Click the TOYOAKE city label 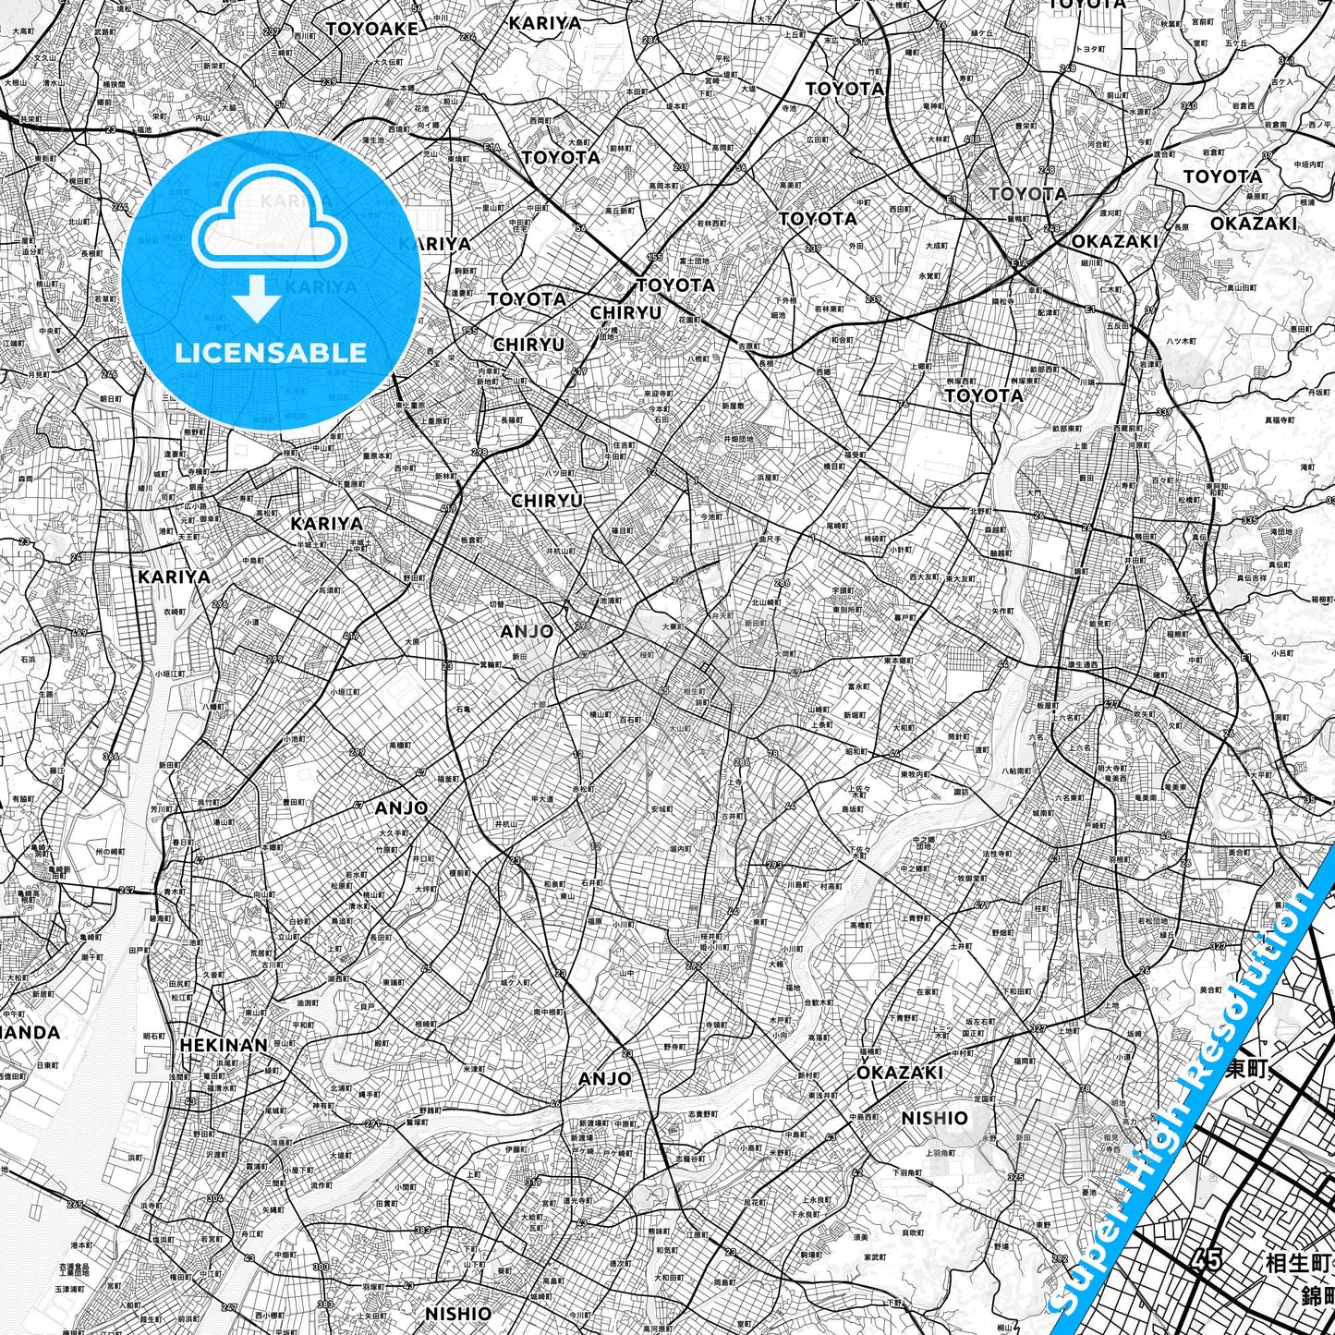(371, 29)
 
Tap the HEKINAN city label (224, 1045)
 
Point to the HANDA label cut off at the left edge (30, 1032)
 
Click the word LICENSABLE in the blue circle (271, 352)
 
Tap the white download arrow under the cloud (257, 298)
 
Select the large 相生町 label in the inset (1297, 1263)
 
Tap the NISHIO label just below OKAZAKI (934, 1118)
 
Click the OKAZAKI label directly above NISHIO (899, 1072)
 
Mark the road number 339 (1164, 412)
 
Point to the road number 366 (111, 757)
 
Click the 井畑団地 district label (737, 439)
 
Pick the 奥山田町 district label (1243, 287)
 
